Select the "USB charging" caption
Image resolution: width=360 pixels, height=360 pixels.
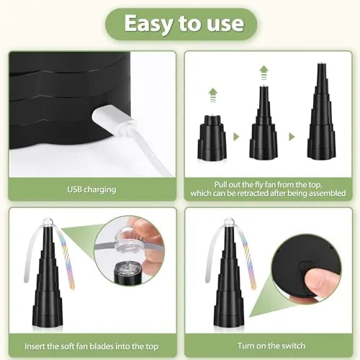click(x=91, y=189)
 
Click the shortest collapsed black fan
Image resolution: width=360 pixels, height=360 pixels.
click(x=212, y=140)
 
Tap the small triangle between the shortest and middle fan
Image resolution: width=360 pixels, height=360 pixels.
click(x=236, y=136)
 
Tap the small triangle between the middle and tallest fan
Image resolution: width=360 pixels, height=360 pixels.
click(x=292, y=136)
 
